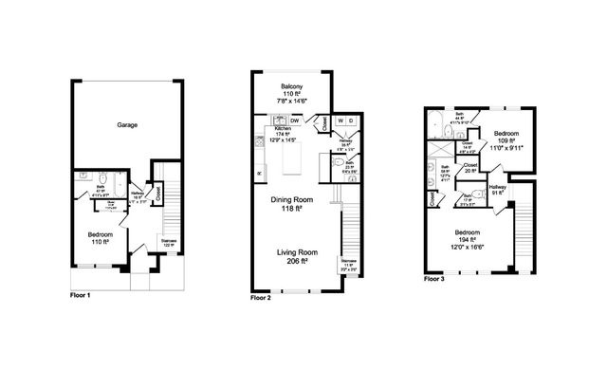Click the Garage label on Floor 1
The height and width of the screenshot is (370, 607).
pyautogui.click(x=130, y=125)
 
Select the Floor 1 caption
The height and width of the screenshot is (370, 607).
pyautogui.click(x=82, y=295)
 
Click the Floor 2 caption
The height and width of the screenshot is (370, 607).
pyautogui.click(x=261, y=297)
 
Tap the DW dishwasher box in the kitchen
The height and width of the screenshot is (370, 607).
pyautogui.click(x=296, y=121)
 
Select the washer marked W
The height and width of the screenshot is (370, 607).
pyautogui.click(x=339, y=121)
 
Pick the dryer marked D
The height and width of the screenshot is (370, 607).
pyautogui.click(x=350, y=121)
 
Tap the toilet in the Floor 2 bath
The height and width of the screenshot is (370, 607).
pyautogui.click(x=339, y=162)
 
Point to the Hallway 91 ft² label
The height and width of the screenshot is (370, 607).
pyautogui.click(x=498, y=191)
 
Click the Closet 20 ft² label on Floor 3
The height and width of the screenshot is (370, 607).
pyautogui.click(x=469, y=168)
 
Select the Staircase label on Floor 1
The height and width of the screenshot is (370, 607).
pyautogui.click(x=168, y=242)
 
